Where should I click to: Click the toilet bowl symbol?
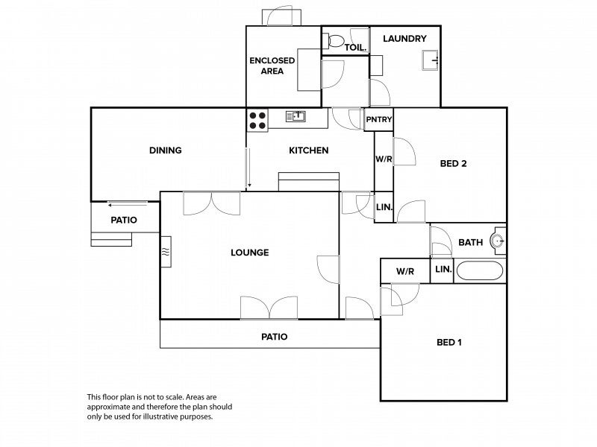(x=333, y=40)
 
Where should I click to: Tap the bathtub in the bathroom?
(x=480, y=270)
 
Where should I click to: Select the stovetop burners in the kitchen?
(x=257, y=121)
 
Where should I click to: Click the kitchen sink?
(x=296, y=116)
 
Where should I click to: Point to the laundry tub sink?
(x=431, y=60)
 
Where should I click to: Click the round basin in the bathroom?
(x=498, y=241)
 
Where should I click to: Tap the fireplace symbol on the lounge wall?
(x=166, y=252)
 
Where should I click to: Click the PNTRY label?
(x=379, y=119)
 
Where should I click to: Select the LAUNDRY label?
(x=404, y=39)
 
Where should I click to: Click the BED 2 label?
(x=453, y=163)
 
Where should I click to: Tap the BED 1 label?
(x=449, y=342)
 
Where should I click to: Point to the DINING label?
(x=165, y=150)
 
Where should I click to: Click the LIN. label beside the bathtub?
(x=443, y=269)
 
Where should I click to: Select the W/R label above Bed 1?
(x=405, y=271)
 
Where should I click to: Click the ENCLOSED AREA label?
(x=272, y=66)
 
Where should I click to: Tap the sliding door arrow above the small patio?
(x=127, y=206)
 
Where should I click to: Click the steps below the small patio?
(x=111, y=239)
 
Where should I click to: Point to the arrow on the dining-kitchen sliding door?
(x=249, y=168)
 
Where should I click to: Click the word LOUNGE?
(x=250, y=253)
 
